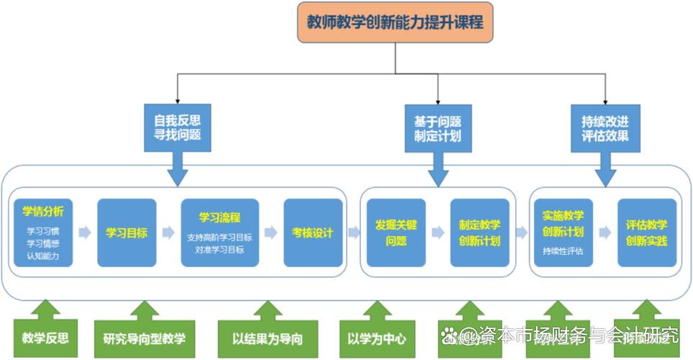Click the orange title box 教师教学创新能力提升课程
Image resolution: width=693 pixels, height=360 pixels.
pyautogui.click(x=395, y=22)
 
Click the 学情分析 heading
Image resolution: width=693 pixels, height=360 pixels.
pyautogui.click(x=43, y=212)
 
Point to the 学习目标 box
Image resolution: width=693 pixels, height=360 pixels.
pyautogui.click(x=127, y=233)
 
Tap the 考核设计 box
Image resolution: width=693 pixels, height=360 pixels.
pyautogui.click(x=312, y=233)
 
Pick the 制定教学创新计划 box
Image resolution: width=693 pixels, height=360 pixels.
pyautogui.click(x=479, y=233)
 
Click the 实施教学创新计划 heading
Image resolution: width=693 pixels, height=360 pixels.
pyautogui.click(x=563, y=223)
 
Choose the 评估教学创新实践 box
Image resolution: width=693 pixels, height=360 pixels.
pyautogui.click(x=646, y=233)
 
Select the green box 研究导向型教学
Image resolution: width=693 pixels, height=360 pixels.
pyautogui.click(x=144, y=338)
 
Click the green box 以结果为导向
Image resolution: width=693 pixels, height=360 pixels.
pyautogui.click(x=267, y=338)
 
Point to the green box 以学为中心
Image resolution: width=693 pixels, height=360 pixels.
pyautogui.click(x=376, y=338)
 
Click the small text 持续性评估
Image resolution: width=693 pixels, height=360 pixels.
pyautogui.click(x=563, y=251)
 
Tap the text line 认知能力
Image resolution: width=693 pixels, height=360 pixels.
pyautogui.click(x=43, y=256)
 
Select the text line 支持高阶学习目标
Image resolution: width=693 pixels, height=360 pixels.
pyautogui.click(x=219, y=238)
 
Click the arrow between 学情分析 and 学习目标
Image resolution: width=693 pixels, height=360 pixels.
pyautogui.click(x=85, y=233)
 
